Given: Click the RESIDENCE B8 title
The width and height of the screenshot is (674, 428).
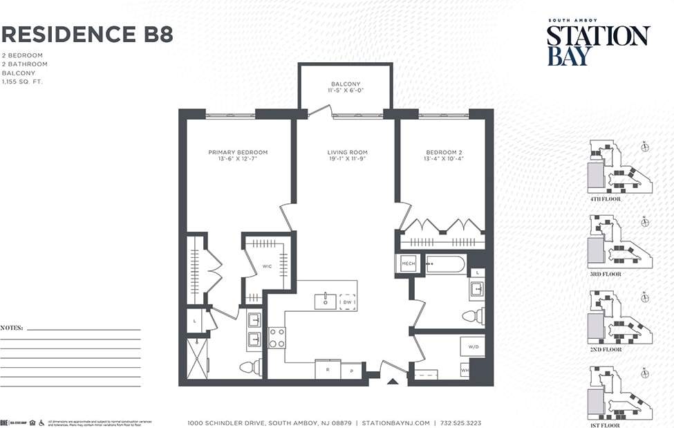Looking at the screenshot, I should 87,34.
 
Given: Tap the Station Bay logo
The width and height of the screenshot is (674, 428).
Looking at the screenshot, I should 598,44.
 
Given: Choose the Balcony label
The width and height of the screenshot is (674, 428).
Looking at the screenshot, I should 345,87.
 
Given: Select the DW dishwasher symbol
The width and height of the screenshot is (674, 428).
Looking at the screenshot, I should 347,301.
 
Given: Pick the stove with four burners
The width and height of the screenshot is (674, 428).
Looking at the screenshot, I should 277,338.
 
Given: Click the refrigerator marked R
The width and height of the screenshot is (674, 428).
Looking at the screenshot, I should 328,370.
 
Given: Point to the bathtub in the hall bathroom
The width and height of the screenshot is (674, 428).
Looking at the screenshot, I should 446,264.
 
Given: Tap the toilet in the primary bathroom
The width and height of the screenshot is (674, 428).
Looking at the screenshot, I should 250,366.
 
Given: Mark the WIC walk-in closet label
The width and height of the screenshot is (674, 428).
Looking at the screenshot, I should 267,267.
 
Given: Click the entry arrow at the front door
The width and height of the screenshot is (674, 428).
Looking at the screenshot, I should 392,380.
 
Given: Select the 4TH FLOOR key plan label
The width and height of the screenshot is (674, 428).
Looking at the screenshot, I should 605,199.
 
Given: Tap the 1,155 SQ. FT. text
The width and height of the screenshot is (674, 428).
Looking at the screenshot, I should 23,82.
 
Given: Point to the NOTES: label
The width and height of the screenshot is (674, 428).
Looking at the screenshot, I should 12,327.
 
